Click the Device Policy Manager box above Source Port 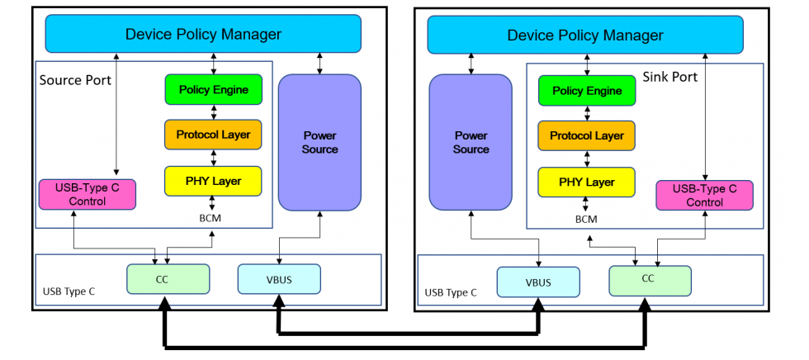click(x=203, y=34)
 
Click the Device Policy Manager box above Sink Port click(x=584, y=36)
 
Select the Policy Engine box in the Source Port click(x=213, y=89)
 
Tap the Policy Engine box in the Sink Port click(x=586, y=91)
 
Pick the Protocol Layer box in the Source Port click(x=213, y=135)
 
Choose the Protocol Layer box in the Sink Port click(x=586, y=135)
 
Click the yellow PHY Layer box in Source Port click(x=213, y=181)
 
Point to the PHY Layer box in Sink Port click(x=586, y=182)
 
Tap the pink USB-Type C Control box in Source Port click(x=88, y=194)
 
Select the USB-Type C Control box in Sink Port click(x=704, y=196)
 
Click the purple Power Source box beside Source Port click(x=319, y=142)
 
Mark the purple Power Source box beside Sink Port click(x=471, y=142)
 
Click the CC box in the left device click(x=168, y=279)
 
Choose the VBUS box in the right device click(x=537, y=282)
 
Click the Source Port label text click(x=75, y=80)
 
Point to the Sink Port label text click(x=669, y=77)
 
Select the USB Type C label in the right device click(x=451, y=292)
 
